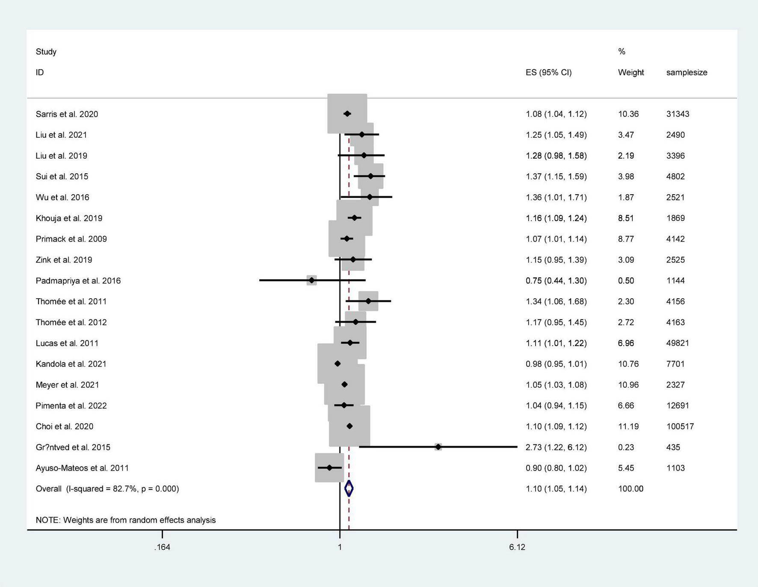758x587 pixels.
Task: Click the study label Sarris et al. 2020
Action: (67, 114)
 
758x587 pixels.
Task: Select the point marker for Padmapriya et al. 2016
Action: (311, 281)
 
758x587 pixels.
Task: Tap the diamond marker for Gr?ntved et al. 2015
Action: (438, 447)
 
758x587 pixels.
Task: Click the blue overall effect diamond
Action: (349, 489)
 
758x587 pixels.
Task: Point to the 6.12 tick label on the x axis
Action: (517, 547)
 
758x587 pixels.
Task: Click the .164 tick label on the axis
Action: (162, 547)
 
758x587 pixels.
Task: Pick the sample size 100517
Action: (680, 427)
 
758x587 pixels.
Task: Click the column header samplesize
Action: (687, 73)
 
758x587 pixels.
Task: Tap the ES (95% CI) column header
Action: (548, 73)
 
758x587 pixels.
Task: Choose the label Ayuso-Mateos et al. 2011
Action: (82, 468)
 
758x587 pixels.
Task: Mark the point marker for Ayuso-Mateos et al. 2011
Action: (329, 468)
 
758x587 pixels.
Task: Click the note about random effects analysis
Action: (126, 520)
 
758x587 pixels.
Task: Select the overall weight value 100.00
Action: (631, 489)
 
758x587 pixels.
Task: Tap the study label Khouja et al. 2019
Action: (69, 218)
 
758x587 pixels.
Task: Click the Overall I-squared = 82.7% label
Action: (107, 489)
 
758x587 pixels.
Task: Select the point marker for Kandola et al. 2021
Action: (338, 364)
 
